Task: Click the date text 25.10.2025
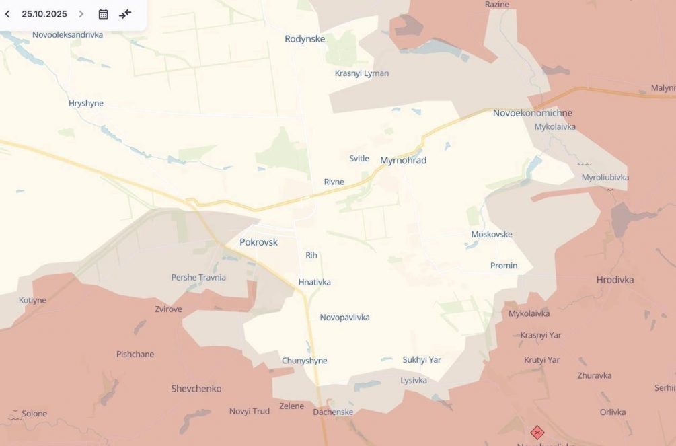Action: tap(44, 14)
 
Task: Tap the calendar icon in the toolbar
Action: tap(103, 14)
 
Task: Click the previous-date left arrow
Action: tap(7, 14)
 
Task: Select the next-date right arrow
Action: tap(81, 14)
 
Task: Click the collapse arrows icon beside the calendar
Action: tap(125, 14)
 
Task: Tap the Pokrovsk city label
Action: tap(258, 242)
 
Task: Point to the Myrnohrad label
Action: tap(404, 161)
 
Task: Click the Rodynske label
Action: tap(305, 39)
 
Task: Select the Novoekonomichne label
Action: tap(533, 113)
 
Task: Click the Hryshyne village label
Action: tap(86, 104)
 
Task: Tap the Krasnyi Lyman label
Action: tap(362, 73)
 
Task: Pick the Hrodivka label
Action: tap(615, 280)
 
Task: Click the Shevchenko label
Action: tap(196, 389)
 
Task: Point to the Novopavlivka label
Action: tap(344, 318)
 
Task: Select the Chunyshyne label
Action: tap(305, 361)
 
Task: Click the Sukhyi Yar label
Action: tap(422, 360)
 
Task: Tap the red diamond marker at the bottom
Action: tap(537, 433)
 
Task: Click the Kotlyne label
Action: tap(33, 301)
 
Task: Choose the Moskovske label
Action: tap(492, 235)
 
